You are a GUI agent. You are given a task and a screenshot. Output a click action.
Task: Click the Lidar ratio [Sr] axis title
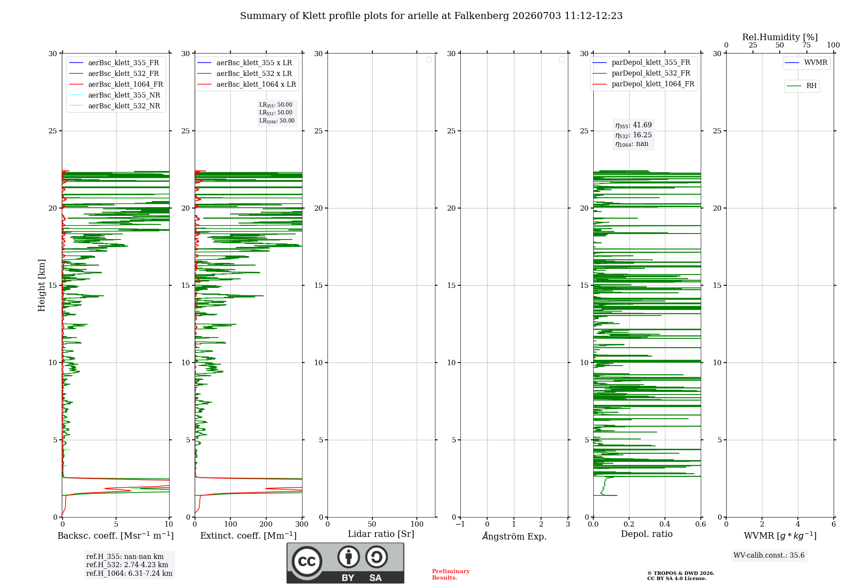(381, 534)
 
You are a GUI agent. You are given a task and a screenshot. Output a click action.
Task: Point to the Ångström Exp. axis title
(514, 536)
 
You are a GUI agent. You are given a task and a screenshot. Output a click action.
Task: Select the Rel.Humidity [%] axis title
(780, 37)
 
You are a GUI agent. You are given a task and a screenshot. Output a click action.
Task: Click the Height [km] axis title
(41, 285)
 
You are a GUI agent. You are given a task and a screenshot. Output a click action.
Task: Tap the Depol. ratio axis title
(647, 534)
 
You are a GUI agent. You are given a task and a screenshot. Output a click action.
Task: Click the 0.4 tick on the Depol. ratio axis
(665, 524)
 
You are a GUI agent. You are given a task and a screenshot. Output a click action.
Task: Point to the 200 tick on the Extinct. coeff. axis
(266, 524)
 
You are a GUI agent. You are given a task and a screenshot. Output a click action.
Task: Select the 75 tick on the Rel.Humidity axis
(806, 45)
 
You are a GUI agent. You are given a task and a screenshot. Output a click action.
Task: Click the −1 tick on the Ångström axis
(460, 524)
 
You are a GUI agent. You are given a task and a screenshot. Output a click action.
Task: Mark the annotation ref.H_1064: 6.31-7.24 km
(129, 574)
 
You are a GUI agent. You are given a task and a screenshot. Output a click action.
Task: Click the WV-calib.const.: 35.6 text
(769, 555)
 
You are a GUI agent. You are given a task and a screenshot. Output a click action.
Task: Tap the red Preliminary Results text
(451, 574)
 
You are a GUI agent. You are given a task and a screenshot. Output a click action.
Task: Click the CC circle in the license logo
(307, 562)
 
